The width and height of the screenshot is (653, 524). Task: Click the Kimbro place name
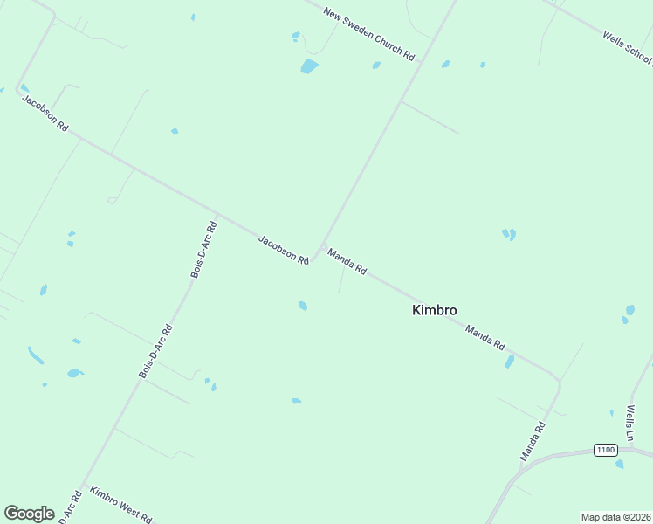[434, 310]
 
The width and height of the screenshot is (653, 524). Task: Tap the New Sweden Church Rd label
[368, 33]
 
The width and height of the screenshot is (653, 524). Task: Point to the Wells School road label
[628, 49]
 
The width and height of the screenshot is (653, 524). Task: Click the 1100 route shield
[605, 450]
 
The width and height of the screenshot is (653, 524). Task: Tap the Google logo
[30, 514]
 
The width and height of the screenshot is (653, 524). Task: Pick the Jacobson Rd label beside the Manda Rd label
[284, 250]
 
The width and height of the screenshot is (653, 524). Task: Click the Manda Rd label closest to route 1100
[533, 442]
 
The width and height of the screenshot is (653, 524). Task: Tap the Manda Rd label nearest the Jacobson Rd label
[347, 261]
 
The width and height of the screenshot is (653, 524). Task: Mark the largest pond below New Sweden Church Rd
[309, 66]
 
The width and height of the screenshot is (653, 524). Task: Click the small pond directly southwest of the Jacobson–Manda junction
[303, 306]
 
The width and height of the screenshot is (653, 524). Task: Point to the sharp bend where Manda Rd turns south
[557, 378]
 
